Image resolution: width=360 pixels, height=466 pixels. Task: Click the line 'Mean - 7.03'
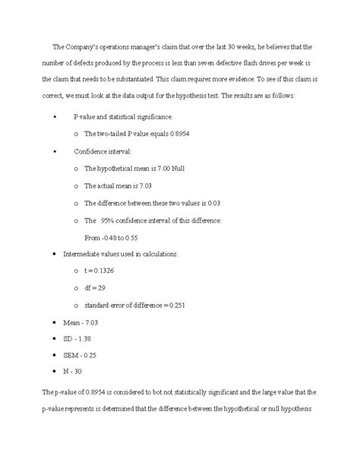87,322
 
